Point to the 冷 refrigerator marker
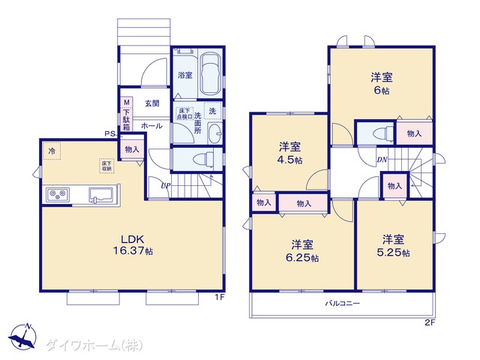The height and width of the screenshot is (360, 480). coord(52,151)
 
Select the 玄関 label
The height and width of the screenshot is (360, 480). coord(152,103)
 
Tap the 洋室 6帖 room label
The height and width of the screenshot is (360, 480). coord(381,82)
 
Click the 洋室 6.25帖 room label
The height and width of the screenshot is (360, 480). coord(304,250)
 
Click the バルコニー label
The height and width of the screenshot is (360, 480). coord(343,304)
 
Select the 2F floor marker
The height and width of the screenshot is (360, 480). coord(429,322)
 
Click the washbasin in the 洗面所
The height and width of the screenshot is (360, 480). coord(213,134)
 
